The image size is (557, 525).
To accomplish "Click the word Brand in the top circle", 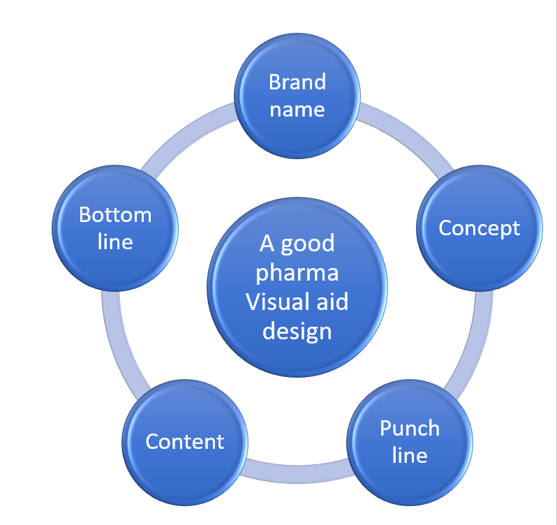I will (x=297, y=82).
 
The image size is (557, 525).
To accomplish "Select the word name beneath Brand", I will (x=297, y=109).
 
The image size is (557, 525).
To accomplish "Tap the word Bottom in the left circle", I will (x=115, y=214).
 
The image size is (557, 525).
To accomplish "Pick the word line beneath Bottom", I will (x=115, y=242).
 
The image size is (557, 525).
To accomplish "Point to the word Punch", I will (x=410, y=428).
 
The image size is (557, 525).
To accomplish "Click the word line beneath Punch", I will (x=410, y=455).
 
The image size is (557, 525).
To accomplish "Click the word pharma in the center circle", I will (x=297, y=272).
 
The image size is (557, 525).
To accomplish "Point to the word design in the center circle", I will (x=297, y=330).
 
